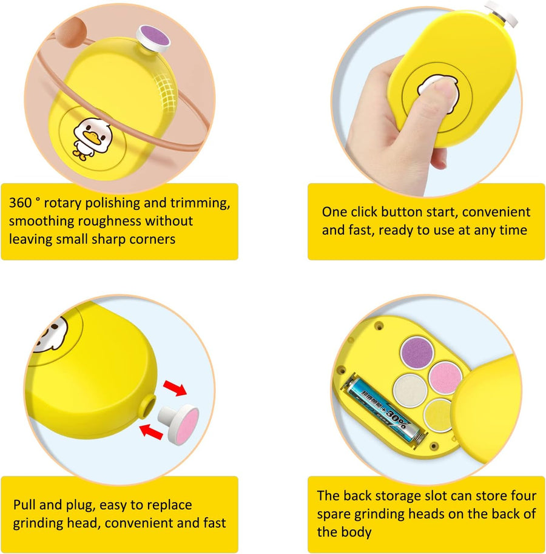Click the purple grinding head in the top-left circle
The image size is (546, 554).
coord(155,38)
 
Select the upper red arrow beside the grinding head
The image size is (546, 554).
coord(175,388)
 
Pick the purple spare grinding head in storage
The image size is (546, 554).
coord(417,352)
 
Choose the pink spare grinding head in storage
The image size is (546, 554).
coord(445,377)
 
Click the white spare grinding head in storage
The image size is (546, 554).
coord(409,391)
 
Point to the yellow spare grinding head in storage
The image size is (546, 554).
coord(439,416)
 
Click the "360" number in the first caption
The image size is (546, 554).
coord(20,203)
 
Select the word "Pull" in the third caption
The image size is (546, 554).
coord(25,504)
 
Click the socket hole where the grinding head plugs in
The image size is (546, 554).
coord(149,405)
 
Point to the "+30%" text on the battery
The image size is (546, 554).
coord(395,417)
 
